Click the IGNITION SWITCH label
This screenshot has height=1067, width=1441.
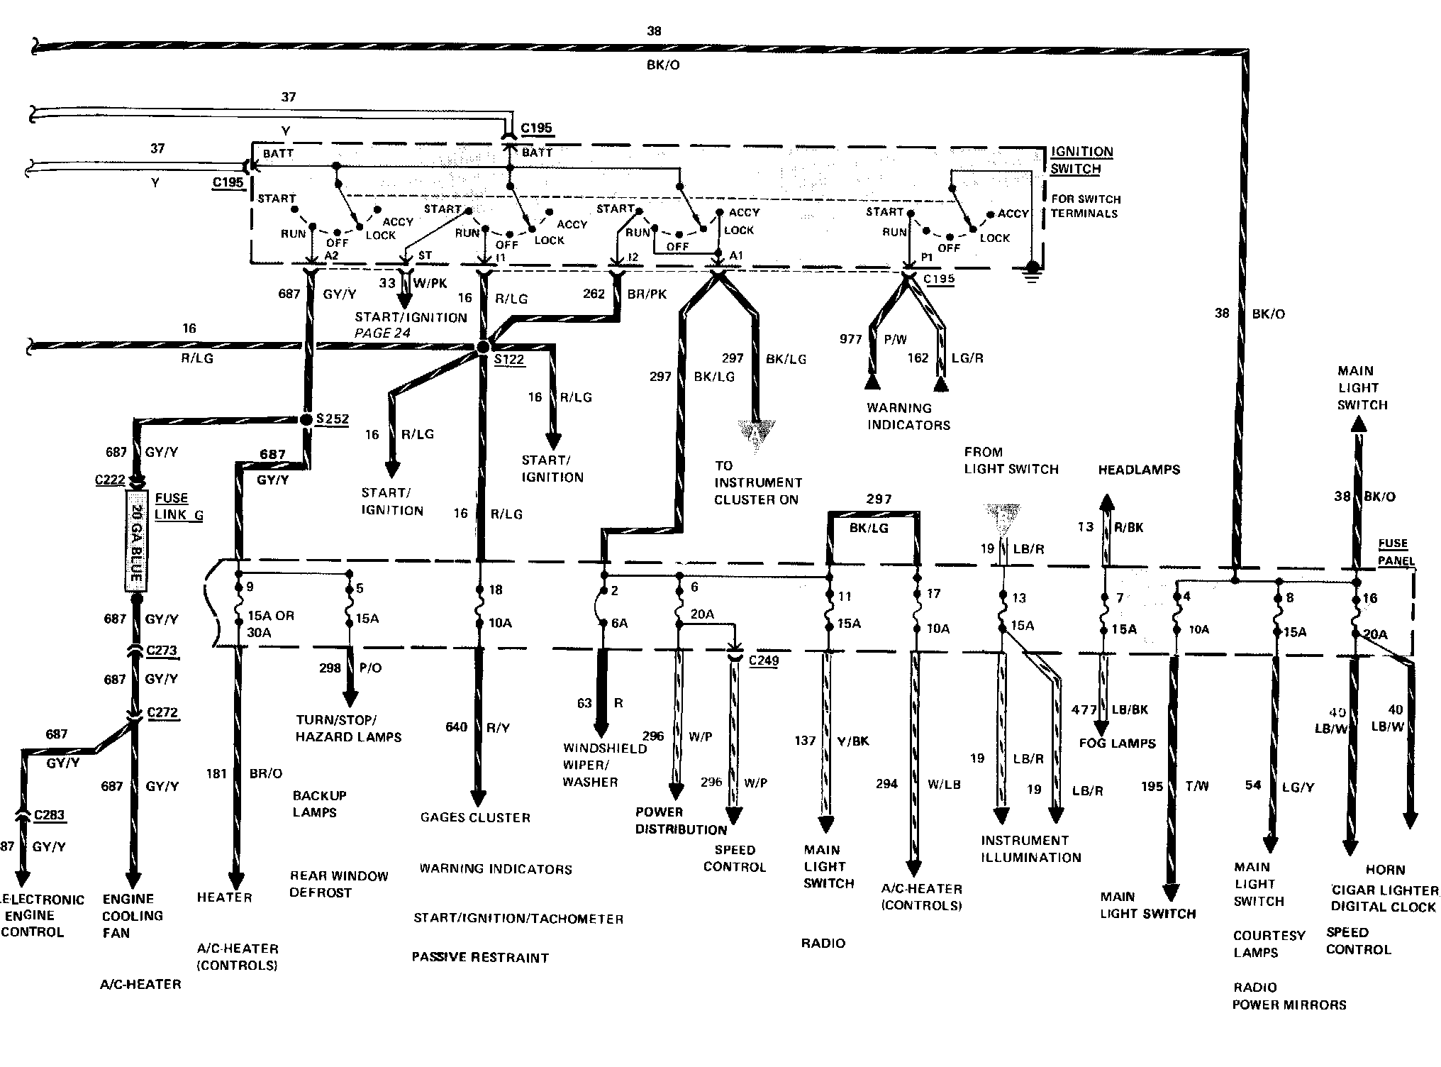pos(1081,160)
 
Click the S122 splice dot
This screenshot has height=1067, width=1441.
pos(483,347)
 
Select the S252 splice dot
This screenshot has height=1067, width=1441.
pos(306,419)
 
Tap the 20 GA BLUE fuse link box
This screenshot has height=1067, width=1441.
pos(135,538)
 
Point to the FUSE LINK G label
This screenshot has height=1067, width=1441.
pos(179,507)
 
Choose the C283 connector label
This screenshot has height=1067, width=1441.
pos(50,814)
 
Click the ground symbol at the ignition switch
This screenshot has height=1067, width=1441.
pos(1033,271)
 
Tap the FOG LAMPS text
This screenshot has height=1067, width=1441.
pos(1117,743)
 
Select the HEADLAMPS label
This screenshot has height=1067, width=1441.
pos(1139,470)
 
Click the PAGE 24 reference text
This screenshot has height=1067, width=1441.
pos(382,333)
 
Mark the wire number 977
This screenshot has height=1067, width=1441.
pos(850,339)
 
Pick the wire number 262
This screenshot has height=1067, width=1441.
pos(594,294)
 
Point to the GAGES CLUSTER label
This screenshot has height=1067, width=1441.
pos(475,817)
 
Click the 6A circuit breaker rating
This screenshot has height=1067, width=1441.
pos(619,623)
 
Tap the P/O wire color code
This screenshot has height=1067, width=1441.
pos(370,668)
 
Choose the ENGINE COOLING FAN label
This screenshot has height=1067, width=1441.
pos(133,915)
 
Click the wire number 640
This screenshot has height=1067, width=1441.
pos(456,726)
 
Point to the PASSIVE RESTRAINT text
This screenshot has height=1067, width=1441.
pos(480,957)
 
